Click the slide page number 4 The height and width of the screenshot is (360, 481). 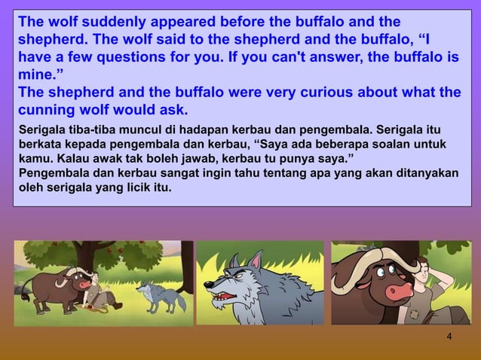449,336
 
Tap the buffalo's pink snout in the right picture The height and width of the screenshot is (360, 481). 397,291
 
